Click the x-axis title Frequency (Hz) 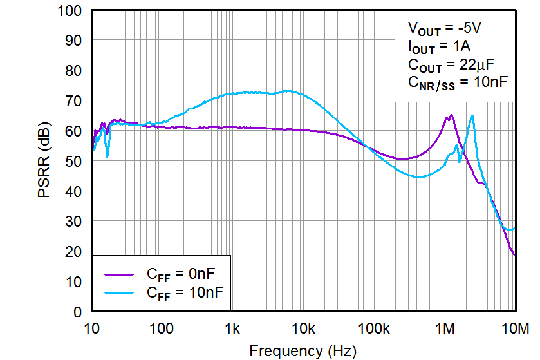[302, 351]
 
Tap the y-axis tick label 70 [72, 101]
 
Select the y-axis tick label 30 [72, 222]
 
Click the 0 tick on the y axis [77, 312]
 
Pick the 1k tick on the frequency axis [233, 329]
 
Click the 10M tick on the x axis [514, 329]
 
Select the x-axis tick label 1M [445, 329]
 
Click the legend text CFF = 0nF [183, 274]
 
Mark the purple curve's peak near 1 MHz [451, 115]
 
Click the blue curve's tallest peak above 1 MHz [472, 116]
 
